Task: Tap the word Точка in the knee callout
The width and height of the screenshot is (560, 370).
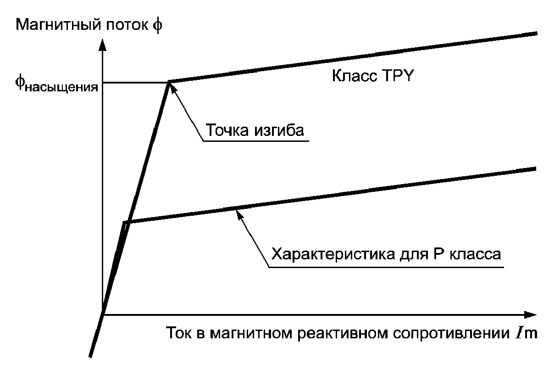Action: [x=227, y=130]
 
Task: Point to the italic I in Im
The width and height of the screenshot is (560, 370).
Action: [x=518, y=332]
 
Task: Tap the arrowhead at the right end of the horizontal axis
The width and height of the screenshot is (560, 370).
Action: [x=531, y=315]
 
